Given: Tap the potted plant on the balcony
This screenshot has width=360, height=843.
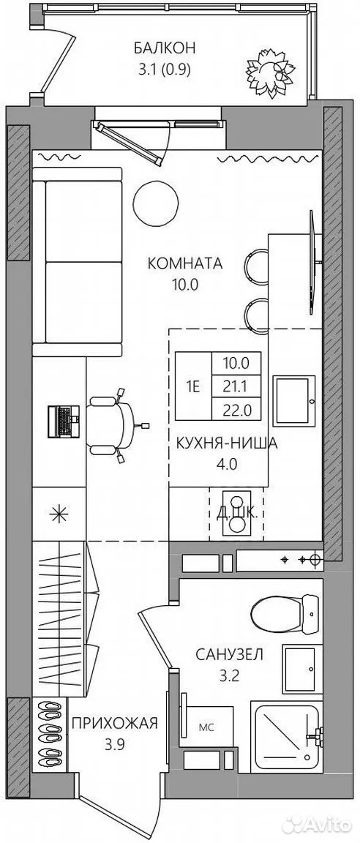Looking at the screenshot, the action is (x=267, y=72).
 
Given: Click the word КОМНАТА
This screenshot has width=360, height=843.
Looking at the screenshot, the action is (x=185, y=263).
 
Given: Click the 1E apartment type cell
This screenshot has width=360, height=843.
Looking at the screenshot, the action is (x=193, y=386).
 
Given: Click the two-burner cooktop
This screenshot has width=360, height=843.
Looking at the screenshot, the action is (x=236, y=513).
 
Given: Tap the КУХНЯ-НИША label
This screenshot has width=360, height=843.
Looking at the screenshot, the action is (x=227, y=444).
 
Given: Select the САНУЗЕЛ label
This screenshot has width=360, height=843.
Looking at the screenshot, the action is (x=229, y=655).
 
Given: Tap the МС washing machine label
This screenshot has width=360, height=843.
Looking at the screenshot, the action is (x=206, y=729).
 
